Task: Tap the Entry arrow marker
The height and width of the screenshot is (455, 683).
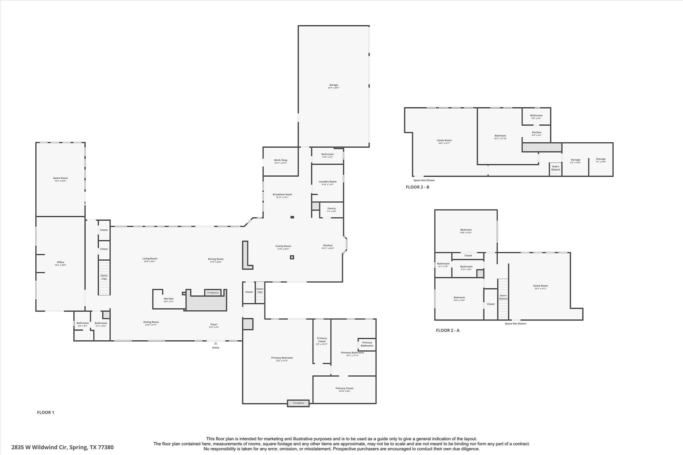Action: coord(215,343)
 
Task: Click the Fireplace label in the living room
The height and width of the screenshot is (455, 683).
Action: coord(213,293)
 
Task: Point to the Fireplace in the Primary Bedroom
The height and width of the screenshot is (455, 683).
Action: coord(298,403)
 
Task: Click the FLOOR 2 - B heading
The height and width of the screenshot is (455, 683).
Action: coord(417,187)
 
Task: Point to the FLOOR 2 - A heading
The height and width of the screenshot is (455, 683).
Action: coord(448,330)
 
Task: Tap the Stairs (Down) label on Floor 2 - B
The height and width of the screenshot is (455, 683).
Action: coord(555,168)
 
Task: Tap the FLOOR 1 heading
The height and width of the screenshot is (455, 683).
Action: coord(45,412)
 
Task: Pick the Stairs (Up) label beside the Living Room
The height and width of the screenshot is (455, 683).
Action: coord(104,277)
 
